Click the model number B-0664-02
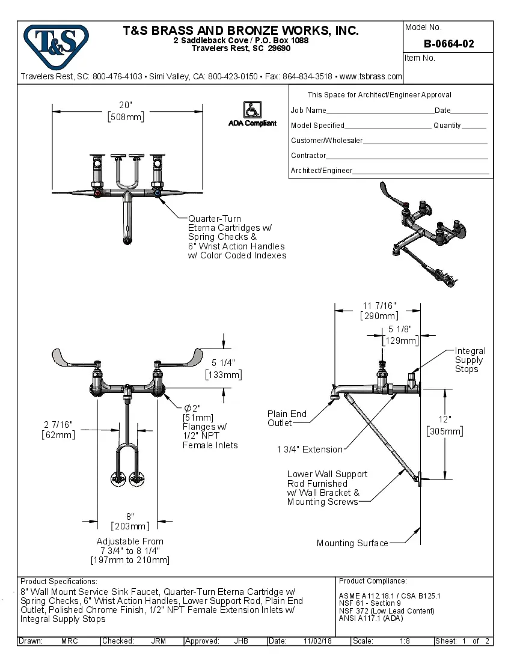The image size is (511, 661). tap(448, 44)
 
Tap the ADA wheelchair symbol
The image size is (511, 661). tap(251, 109)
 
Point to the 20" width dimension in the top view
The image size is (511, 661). tap(126, 111)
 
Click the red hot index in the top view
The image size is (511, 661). tap(98, 194)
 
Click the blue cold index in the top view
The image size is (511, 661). tap(157, 194)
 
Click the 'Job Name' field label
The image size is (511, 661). tap(308, 111)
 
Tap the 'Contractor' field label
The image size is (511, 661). tap(308, 156)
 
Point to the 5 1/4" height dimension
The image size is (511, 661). tap(223, 368)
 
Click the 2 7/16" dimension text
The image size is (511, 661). tap(59, 430)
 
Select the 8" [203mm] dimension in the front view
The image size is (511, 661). tap(129, 522)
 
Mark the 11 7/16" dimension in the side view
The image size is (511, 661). tap(379, 311)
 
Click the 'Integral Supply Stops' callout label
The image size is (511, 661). tap(470, 360)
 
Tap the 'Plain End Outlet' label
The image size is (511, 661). tap(287, 418)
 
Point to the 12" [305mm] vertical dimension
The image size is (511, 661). tap(444, 425)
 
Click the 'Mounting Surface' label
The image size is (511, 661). tap(352, 543)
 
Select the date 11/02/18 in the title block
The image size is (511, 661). tap(318, 641)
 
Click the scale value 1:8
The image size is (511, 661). tap(405, 641)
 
